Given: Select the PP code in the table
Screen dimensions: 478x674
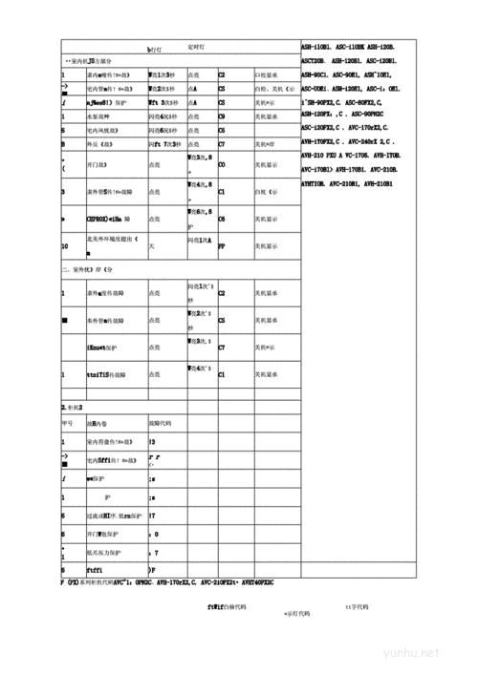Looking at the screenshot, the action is [222, 244].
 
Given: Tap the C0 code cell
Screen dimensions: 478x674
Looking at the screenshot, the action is [222, 164].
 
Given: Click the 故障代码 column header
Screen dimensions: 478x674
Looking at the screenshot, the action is [162, 423].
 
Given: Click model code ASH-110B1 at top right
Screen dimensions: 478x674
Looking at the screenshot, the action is [316, 46].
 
